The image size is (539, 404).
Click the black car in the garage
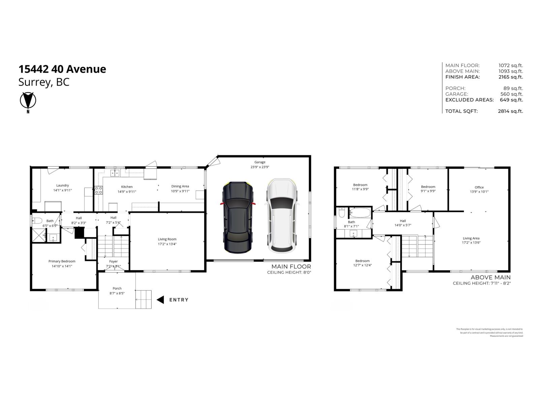tap(237, 217)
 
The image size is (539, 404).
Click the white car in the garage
tap(282, 216)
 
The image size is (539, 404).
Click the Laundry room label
tap(62, 186)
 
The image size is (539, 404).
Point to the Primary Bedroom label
tap(62, 261)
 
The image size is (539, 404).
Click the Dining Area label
tap(180, 186)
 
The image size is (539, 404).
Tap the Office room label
tap(479, 188)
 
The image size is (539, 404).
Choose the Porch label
tap(117, 289)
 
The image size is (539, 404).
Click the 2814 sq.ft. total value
tap(510, 111)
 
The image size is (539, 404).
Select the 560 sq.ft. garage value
tap(511, 94)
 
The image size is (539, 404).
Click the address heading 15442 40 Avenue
tap(62, 69)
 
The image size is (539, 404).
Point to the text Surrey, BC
tap(44, 82)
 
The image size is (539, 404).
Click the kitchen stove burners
tap(98, 190)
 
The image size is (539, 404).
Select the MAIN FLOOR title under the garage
tap(291, 267)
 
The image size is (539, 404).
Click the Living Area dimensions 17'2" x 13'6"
tap(471, 242)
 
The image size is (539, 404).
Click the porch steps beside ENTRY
tap(144, 299)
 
